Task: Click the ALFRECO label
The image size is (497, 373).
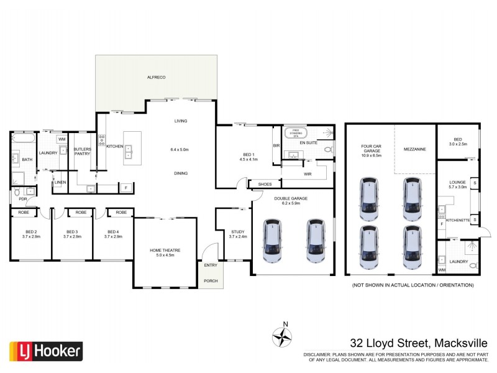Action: pyautogui.click(x=155, y=76)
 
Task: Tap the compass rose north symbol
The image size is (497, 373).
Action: pyautogui.click(x=283, y=336)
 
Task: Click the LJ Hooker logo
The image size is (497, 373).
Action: pyautogui.click(x=45, y=351)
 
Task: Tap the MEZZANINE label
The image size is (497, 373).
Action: pyautogui.click(x=414, y=149)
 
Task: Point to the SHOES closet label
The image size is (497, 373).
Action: pyautogui.click(x=265, y=184)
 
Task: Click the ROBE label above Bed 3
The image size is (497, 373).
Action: pyautogui.click(x=81, y=213)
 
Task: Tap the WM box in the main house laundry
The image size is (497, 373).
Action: pyautogui.click(x=62, y=139)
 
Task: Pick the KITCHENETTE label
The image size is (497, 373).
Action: pyautogui.click(x=458, y=220)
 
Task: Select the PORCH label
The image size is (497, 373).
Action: pyautogui.click(x=211, y=281)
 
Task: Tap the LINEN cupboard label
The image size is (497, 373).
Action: pyautogui.click(x=60, y=182)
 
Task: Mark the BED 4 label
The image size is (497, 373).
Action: pyautogui.click(x=112, y=233)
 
